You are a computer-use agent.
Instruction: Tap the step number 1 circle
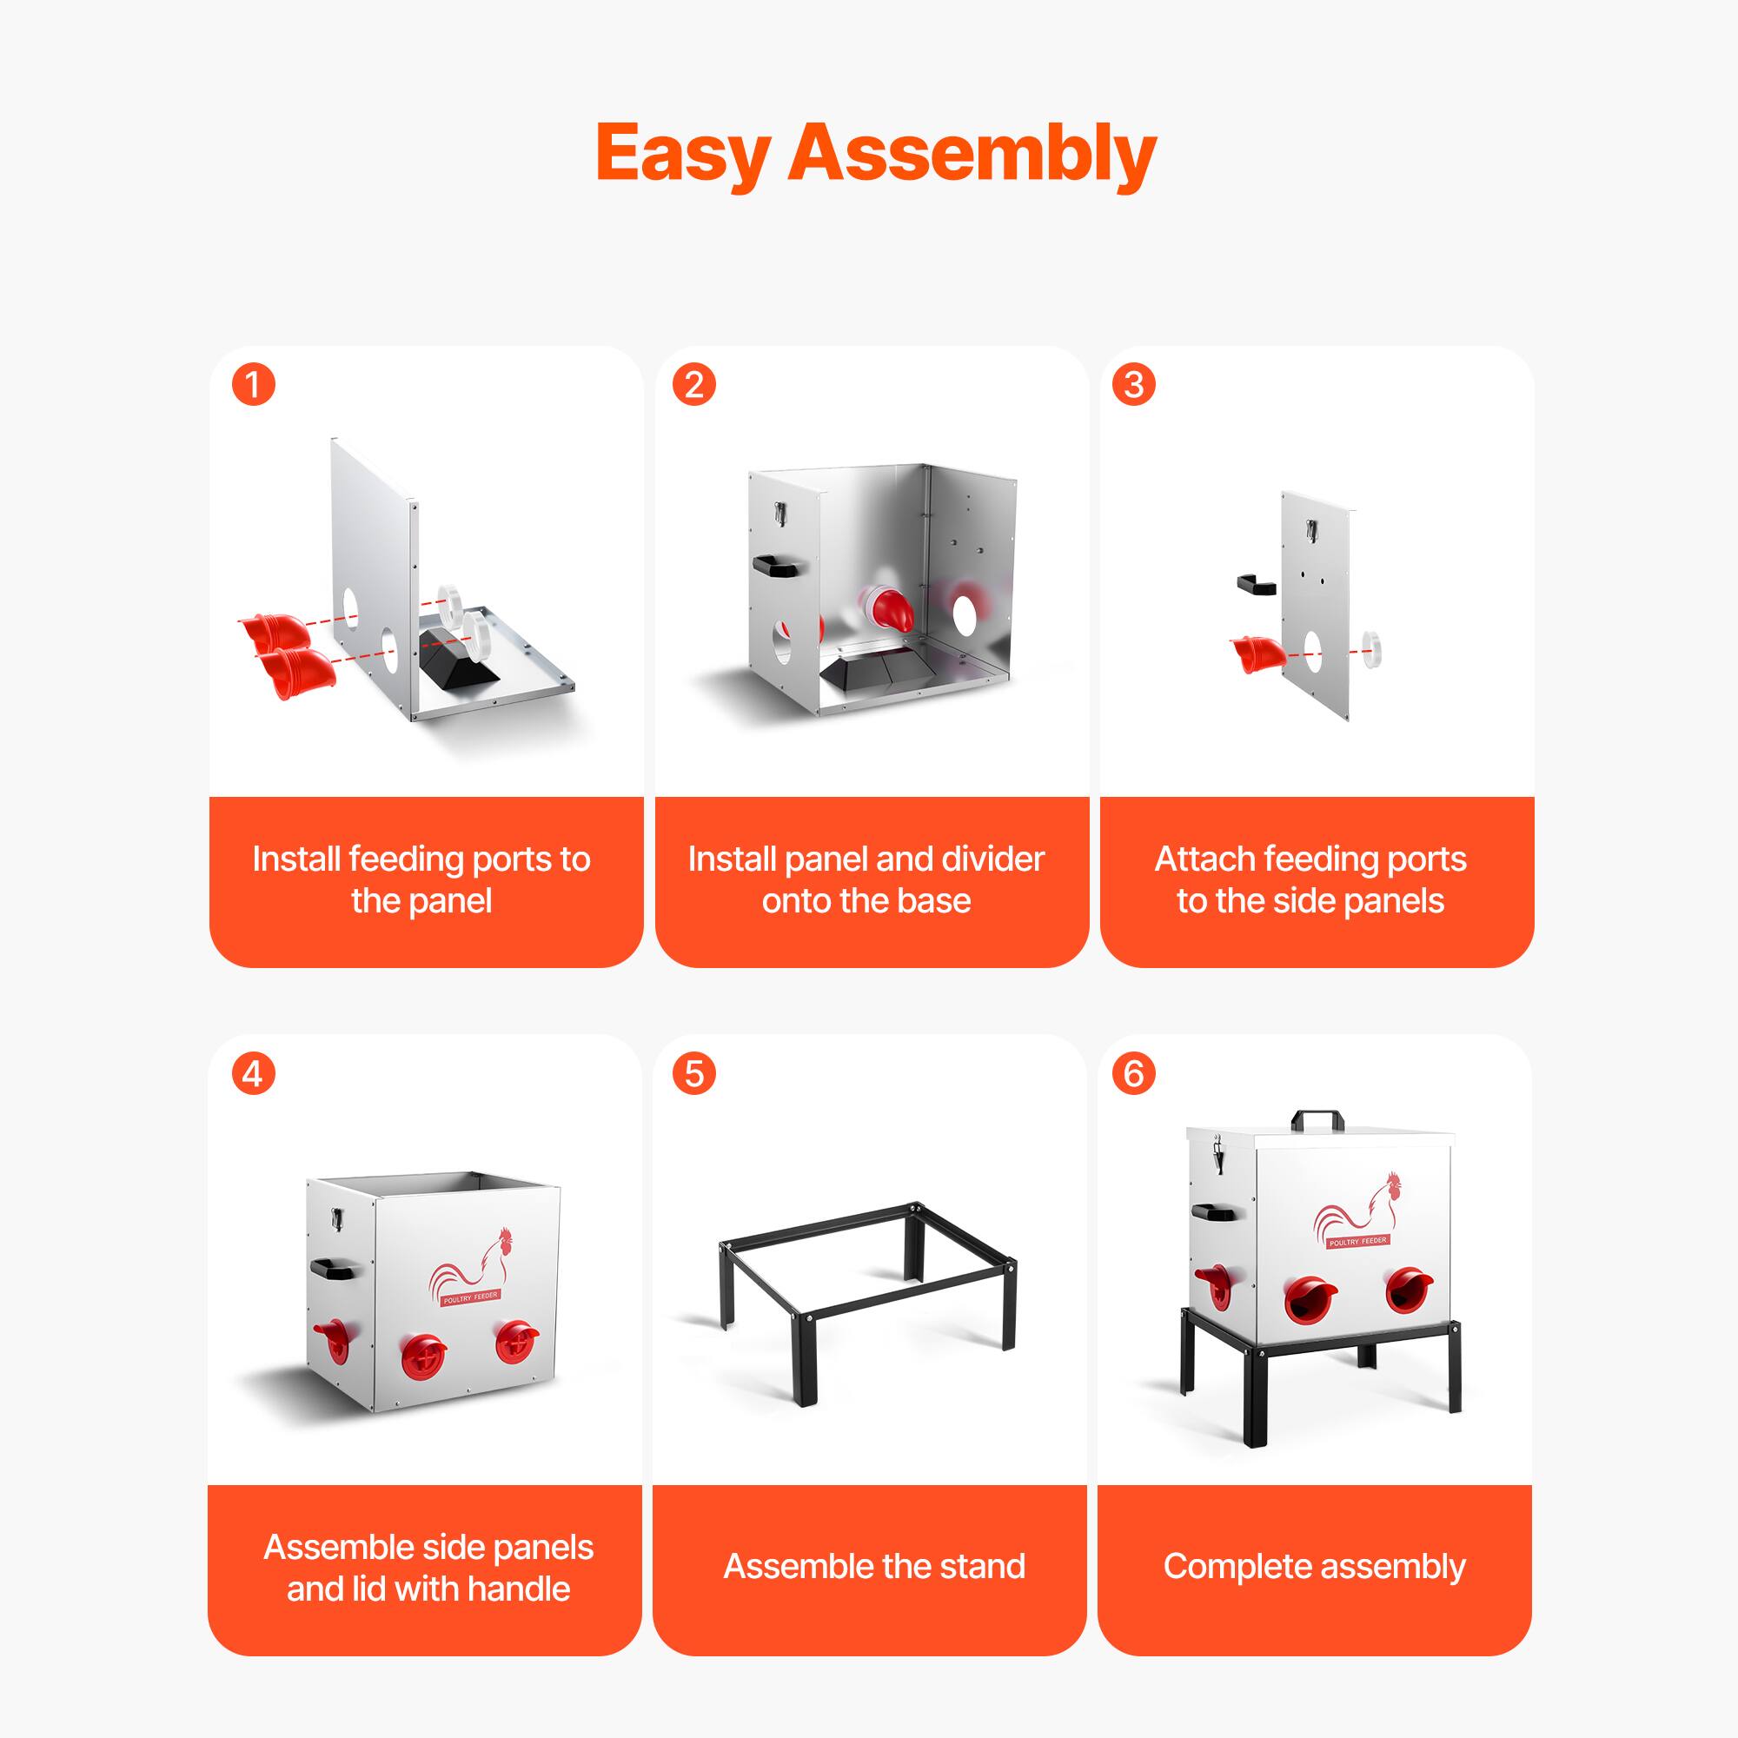coord(254,385)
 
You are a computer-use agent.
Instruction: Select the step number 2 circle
coord(693,385)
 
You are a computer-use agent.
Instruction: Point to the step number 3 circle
coord(1133,385)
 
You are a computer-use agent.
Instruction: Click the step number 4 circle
coord(254,1073)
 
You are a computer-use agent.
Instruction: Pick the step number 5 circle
coord(693,1073)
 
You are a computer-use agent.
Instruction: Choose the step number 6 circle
coord(1133,1073)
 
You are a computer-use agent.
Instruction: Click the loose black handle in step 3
coord(1256,584)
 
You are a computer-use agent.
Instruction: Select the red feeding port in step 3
coord(1253,653)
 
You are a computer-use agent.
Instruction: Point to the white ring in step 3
coord(1372,648)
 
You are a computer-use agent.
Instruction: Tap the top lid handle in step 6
coord(1318,1120)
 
